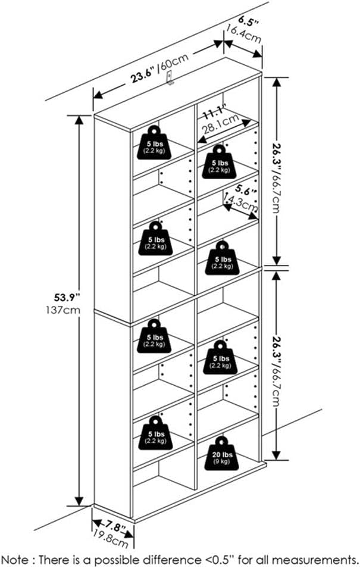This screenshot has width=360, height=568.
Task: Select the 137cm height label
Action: click(x=64, y=310)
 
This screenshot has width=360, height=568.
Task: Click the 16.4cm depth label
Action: click(x=243, y=33)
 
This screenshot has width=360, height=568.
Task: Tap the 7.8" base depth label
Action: click(x=112, y=528)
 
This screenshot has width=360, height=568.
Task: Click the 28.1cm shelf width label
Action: click(x=220, y=123)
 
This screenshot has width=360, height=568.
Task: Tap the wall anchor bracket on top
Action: click(x=169, y=78)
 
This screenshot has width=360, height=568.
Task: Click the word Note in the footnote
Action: click(x=16, y=558)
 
